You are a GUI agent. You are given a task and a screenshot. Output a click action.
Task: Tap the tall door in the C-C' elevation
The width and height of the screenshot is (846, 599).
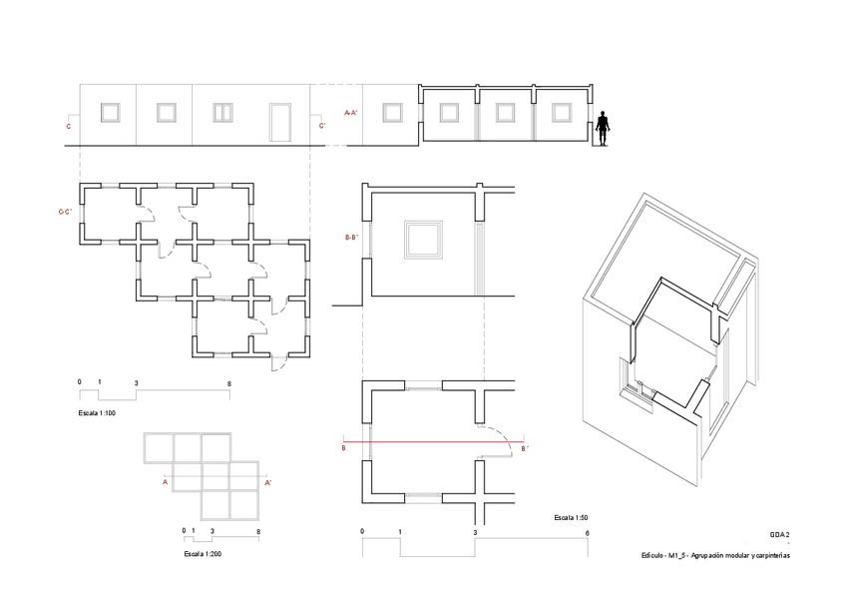280,122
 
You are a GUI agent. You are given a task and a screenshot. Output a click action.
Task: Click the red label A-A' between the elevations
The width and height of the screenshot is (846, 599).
351,114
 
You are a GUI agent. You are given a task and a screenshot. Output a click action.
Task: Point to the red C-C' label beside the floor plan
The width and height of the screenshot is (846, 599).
65,212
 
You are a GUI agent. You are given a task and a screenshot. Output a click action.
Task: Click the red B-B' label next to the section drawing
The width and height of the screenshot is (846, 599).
351,239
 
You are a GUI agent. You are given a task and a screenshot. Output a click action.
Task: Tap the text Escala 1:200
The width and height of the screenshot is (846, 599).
204,552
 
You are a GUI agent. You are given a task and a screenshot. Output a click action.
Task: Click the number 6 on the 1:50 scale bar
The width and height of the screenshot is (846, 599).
587,533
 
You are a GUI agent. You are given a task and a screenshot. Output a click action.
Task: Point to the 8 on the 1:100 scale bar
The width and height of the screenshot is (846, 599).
229,383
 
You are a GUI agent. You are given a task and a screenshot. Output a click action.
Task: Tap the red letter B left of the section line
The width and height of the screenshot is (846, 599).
343,449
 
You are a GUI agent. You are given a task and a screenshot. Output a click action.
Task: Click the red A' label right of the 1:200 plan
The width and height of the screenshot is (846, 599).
268,482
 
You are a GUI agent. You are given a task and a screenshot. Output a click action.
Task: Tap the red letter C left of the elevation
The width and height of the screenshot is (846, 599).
68,127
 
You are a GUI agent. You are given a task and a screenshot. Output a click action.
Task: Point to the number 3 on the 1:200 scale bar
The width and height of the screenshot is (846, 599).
212,530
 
